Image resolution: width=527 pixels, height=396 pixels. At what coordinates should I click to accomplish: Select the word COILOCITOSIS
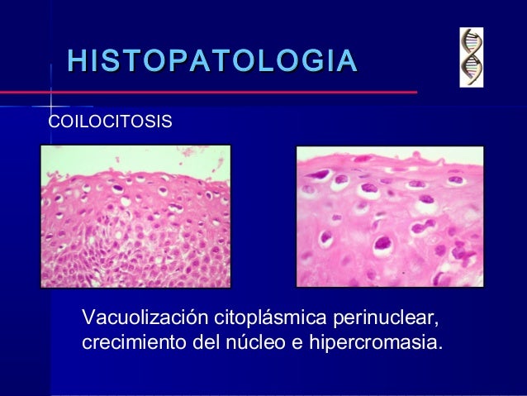tap(111, 122)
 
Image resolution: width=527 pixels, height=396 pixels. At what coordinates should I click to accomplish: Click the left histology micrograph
tap(136, 217)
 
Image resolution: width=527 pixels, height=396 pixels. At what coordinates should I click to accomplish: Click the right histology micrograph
tap(390, 217)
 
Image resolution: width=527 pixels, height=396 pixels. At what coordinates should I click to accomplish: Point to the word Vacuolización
tap(145, 318)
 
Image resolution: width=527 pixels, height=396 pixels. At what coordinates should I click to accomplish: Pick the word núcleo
tap(252, 341)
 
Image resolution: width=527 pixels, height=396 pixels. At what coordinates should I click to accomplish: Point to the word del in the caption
tap(205, 341)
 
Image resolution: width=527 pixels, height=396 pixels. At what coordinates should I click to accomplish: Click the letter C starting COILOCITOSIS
tap(55, 122)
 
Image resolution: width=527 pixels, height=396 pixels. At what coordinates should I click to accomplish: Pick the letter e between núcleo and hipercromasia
tap(294, 342)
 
